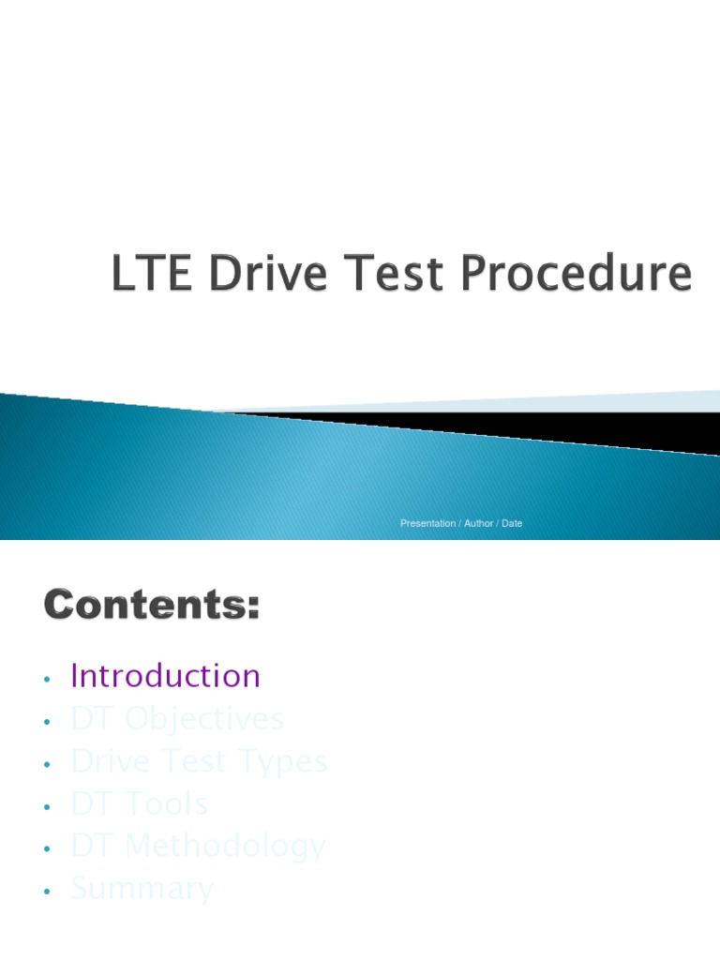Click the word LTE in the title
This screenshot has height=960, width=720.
tap(151, 274)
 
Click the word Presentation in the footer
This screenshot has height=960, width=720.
tap(427, 523)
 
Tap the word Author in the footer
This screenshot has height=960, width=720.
tap(478, 523)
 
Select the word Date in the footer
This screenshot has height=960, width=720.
tap(512, 523)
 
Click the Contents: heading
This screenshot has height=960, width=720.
tap(151, 606)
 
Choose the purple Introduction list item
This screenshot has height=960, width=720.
tap(165, 676)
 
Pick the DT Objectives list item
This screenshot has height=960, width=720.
tap(176, 719)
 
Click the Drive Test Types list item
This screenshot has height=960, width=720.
tap(199, 761)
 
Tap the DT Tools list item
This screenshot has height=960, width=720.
tap(139, 804)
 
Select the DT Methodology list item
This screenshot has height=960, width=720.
tap(198, 847)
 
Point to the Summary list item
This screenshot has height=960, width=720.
tap(142, 889)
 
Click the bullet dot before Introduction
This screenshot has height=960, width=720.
tap(45, 679)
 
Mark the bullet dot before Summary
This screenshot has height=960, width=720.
tap(45, 892)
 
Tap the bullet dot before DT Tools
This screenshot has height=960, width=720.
tap(45, 806)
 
